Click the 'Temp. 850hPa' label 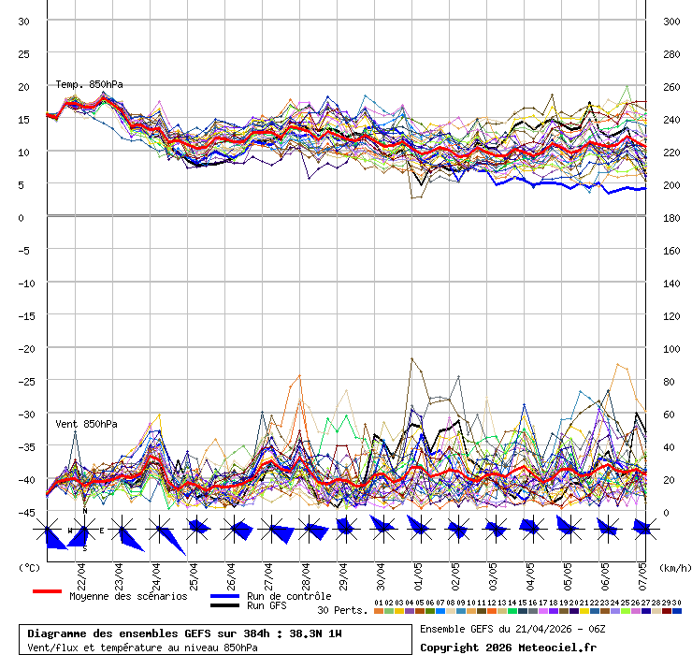tap(89, 85)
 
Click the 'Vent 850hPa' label tap(86, 424)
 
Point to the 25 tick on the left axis tap(24, 53)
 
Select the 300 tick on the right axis tap(669, 21)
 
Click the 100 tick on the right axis tap(669, 348)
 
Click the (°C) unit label tap(29, 567)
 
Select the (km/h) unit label tap(673, 567)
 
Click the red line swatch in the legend tap(47, 592)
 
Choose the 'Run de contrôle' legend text tap(289, 596)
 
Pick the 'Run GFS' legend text tap(267, 606)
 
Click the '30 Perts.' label tap(342, 611)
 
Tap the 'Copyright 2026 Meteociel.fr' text tap(508, 647)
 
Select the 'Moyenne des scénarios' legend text tap(128, 596)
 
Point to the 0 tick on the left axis tap(21, 217)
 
